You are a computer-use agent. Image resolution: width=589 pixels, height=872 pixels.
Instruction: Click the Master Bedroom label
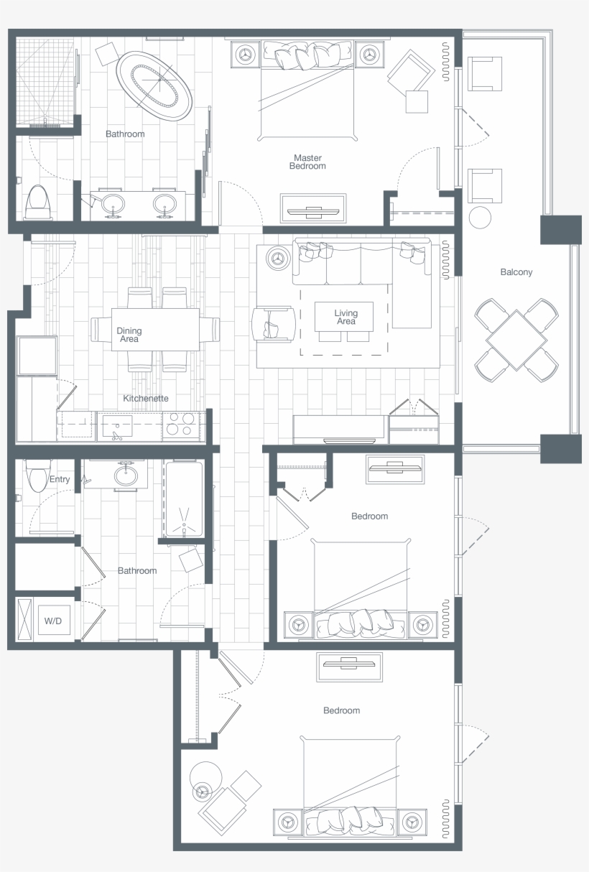(x=307, y=162)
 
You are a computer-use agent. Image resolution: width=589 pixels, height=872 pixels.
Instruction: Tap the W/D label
(x=52, y=620)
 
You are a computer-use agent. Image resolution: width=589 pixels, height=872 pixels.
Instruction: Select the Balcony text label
(x=516, y=272)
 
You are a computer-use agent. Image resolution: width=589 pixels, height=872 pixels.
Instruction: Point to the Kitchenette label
(x=146, y=398)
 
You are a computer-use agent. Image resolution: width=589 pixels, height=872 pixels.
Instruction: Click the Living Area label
(x=345, y=317)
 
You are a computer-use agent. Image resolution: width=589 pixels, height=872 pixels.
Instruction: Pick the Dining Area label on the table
(x=129, y=335)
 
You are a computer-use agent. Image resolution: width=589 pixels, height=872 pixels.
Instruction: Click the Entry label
(x=60, y=479)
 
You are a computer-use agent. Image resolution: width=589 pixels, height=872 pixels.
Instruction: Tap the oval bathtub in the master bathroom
(x=155, y=85)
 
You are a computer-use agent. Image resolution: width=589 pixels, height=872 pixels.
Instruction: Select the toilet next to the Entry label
(x=36, y=476)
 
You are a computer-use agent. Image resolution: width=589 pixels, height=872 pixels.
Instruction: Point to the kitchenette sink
(x=116, y=427)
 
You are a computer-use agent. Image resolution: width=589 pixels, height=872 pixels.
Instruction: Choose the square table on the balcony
(x=516, y=340)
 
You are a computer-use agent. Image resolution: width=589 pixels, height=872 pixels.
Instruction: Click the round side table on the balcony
(x=480, y=217)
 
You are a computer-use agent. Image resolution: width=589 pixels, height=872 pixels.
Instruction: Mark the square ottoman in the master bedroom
(x=417, y=101)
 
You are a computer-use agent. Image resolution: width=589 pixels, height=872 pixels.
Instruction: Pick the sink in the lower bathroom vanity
(x=127, y=475)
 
